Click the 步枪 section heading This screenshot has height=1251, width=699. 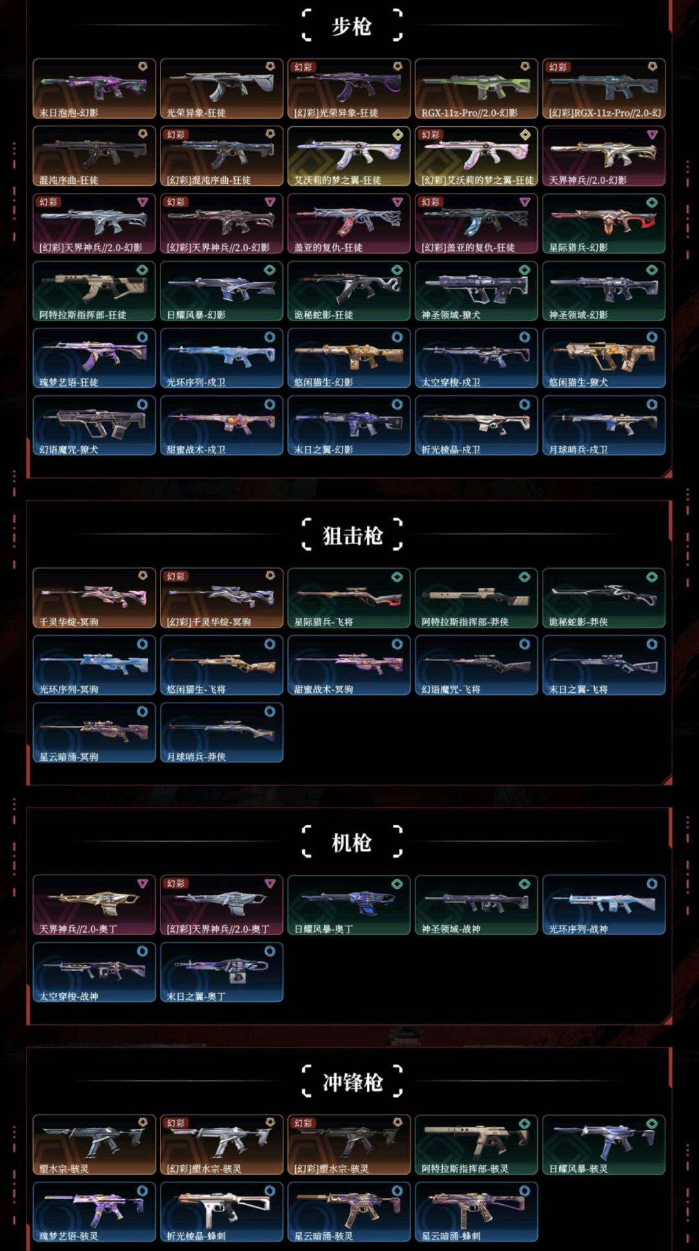coord(351,27)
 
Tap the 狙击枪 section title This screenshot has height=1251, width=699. coord(352,535)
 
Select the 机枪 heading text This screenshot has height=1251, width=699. coord(351,842)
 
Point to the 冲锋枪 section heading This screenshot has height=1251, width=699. coord(352,1082)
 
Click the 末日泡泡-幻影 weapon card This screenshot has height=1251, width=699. coord(94,89)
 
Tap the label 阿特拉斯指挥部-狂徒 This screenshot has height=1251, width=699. coord(83,315)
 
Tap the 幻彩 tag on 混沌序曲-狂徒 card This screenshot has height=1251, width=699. coord(176,135)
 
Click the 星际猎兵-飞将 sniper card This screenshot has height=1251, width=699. coord(349,598)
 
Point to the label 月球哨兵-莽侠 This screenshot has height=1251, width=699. coord(196,756)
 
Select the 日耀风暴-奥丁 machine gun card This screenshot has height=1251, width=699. coord(349,905)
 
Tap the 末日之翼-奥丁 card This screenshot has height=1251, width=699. coord(221,972)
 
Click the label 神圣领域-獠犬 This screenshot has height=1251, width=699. coord(450,315)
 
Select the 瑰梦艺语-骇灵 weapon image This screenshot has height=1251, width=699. coord(94,1207)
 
